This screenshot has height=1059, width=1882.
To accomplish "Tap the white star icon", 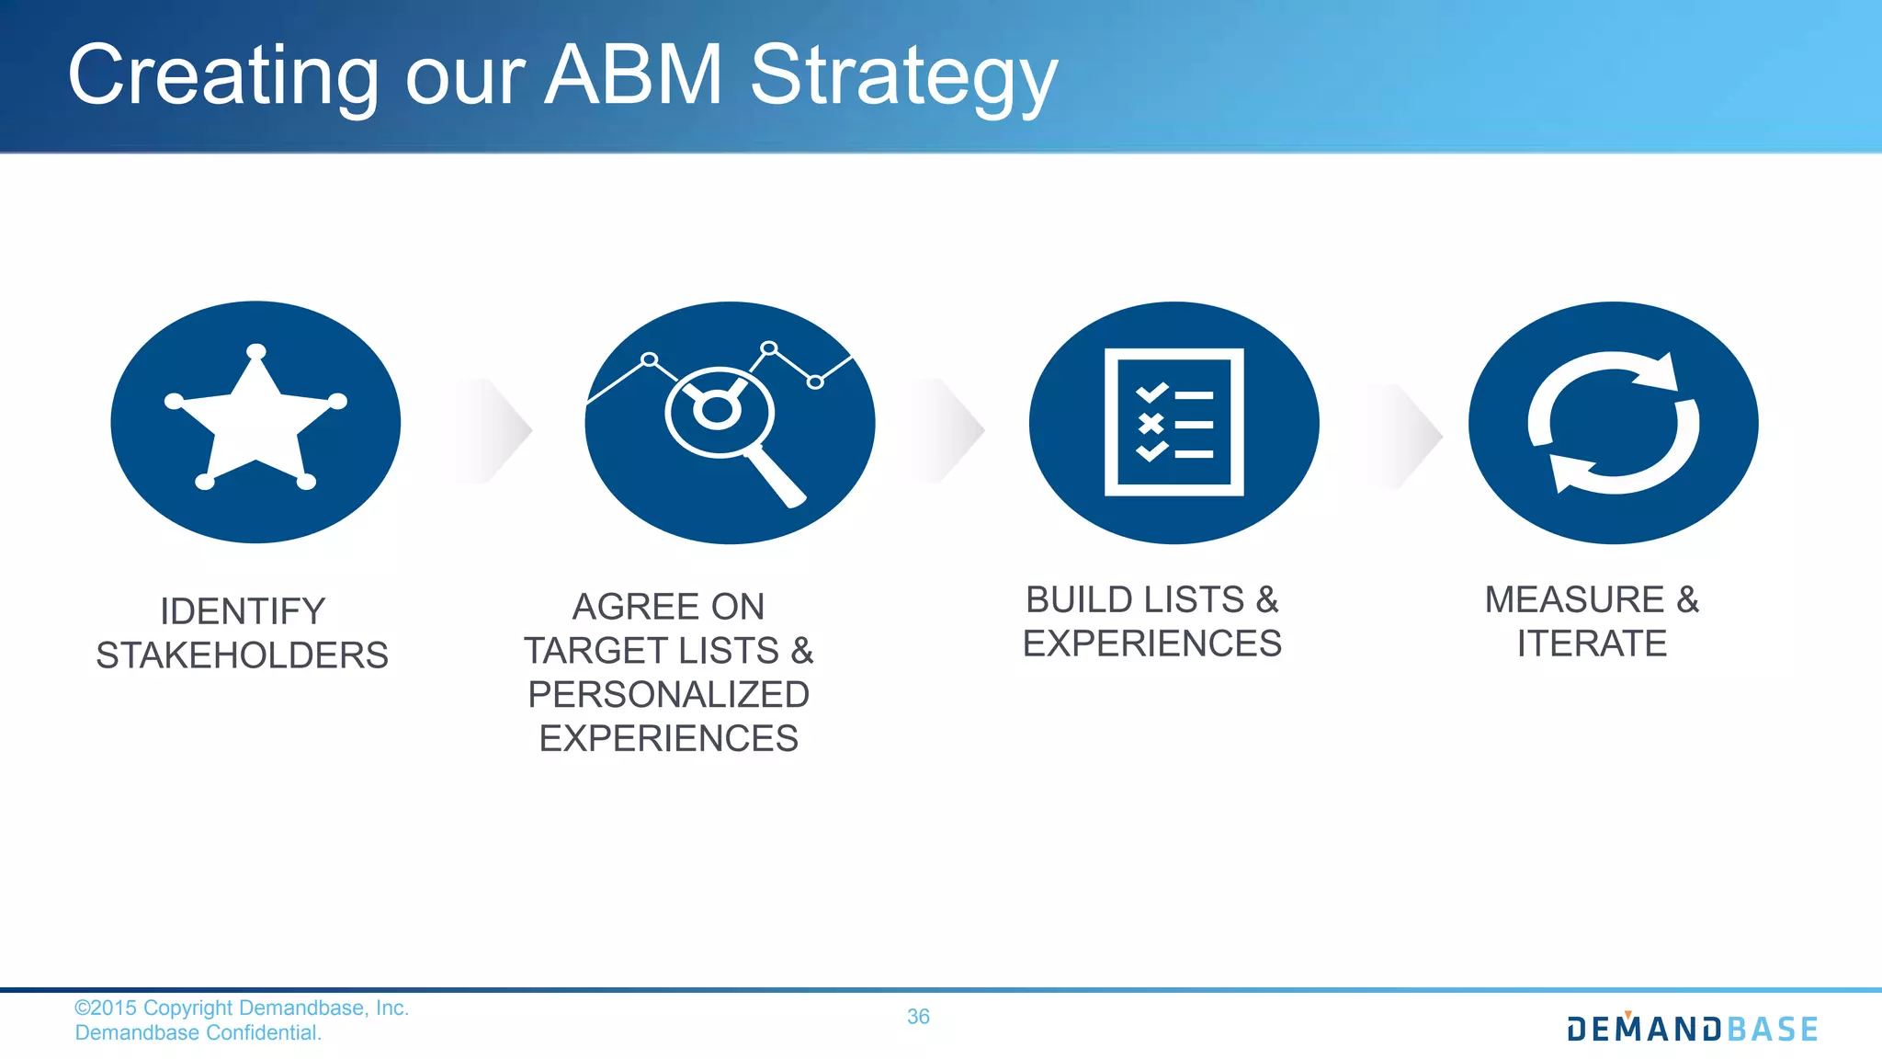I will [x=255, y=419].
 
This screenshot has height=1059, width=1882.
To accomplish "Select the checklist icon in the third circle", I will [x=1173, y=422].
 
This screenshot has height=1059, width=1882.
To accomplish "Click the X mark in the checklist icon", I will [x=1151, y=424].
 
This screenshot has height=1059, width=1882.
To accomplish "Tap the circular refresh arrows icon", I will [x=1613, y=422].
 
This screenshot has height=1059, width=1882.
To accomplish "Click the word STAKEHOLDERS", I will [x=242, y=655].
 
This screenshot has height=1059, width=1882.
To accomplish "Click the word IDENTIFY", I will [x=243, y=611].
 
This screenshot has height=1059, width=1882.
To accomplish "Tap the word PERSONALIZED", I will [x=668, y=695].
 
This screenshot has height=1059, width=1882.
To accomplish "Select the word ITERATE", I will [x=1592, y=643].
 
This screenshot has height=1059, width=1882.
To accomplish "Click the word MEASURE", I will [x=1574, y=599].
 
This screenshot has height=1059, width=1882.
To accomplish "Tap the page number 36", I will [x=918, y=1017].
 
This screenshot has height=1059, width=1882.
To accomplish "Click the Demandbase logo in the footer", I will [x=1692, y=1029].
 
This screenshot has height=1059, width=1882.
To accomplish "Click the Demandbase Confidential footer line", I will [x=198, y=1033].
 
